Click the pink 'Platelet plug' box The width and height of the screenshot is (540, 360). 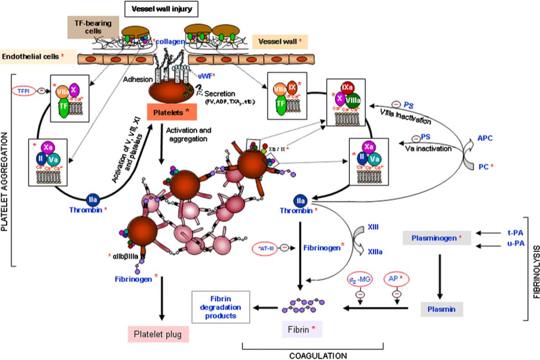coord(158,334)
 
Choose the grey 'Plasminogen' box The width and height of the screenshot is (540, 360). coord(437,237)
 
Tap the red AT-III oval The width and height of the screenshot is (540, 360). coord(264,248)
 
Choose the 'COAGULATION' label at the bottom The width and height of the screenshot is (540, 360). coord(313,355)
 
